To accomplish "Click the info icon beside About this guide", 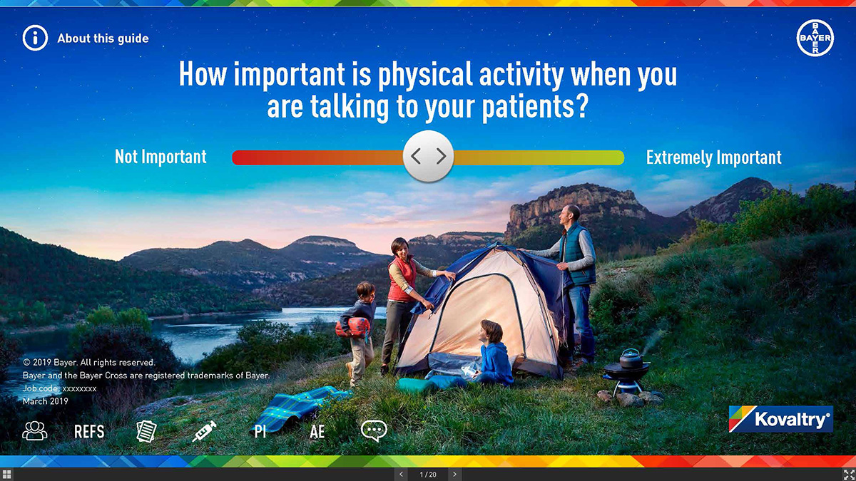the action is click(x=35, y=38).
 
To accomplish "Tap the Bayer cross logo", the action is click(x=815, y=38).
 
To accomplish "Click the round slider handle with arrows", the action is click(x=429, y=156).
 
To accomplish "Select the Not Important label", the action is click(x=160, y=157).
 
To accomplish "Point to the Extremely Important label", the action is click(x=714, y=157).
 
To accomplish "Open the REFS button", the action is click(x=89, y=432).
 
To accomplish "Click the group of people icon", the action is click(x=35, y=431).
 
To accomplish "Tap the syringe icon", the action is click(x=204, y=432).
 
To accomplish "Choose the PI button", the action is click(x=260, y=432).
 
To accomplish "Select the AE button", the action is click(x=317, y=432).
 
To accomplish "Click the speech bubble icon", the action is click(x=374, y=431).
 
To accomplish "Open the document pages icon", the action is click(x=147, y=431).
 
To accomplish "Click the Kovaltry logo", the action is click(x=780, y=419).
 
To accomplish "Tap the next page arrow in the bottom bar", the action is click(x=454, y=475).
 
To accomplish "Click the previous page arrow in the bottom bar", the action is click(x=401, y=475).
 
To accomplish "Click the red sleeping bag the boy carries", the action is click(x=352, y=328).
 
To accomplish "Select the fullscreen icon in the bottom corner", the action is click(x=849, y=475).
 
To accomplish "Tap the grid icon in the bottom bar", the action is click(x=6, y=475).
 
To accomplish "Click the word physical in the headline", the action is click(x=425, y=75).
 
